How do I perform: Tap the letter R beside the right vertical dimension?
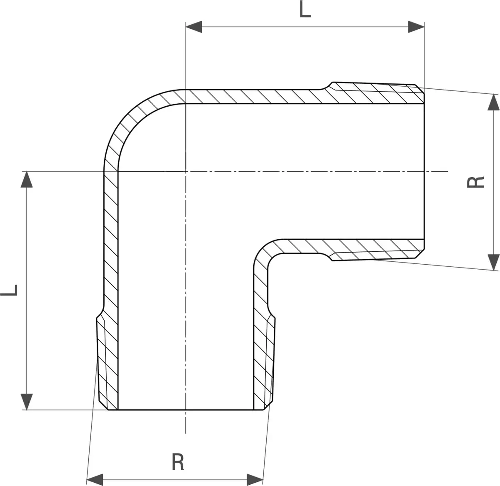pos(475,182)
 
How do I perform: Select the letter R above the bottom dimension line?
pos(178,462)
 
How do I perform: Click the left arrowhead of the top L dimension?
pos(194,27)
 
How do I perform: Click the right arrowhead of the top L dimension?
pos(416,27)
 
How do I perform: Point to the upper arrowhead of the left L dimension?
pos(27,179)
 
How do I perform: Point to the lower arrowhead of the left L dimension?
pos(27,402)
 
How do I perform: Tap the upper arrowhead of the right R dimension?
pos(494,102)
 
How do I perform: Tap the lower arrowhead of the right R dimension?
pos(494,262)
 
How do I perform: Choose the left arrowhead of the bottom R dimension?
pos(95,480)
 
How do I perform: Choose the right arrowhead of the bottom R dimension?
pos(255,480)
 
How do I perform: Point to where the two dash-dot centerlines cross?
pos(186,171)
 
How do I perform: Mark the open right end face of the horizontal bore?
pos(424,171)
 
